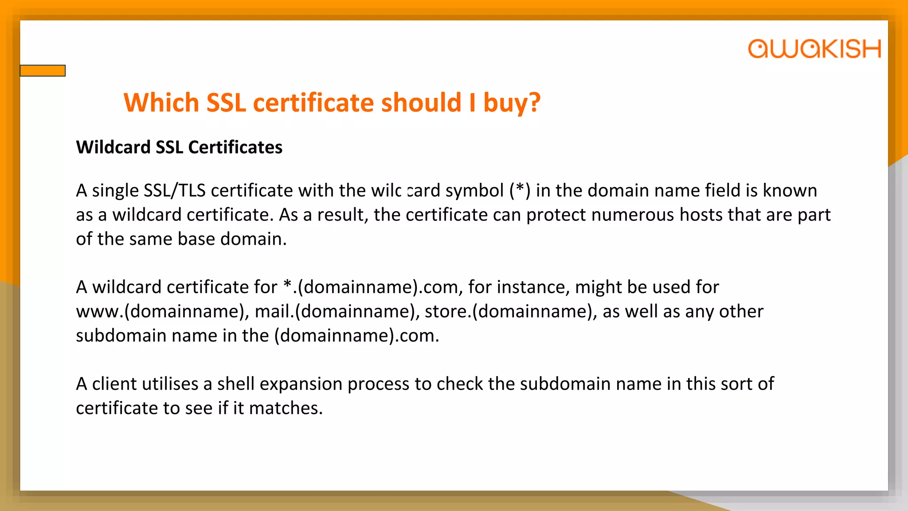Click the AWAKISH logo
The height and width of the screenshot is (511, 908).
pos(814,49)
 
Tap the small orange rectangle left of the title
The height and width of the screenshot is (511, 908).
pos(43,71)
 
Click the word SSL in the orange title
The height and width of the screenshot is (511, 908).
pos(226,102)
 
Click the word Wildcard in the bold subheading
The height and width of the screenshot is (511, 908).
pos(113,147)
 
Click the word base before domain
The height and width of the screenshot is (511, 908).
pos(196,239)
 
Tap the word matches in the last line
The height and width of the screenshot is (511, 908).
pos(286,409)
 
